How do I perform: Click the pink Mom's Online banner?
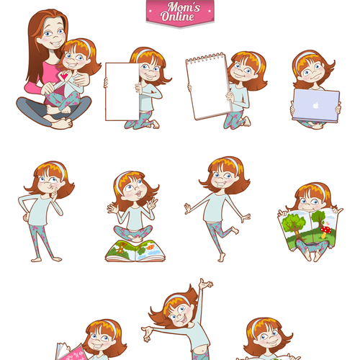(x=180, y=13)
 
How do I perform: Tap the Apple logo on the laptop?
(x=316, y=105)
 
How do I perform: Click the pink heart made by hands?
(x=64, y=76)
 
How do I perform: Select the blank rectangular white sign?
(x=122, y=91)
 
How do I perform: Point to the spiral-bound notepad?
(x=208, y=86)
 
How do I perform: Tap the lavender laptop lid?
(x=316, y=105)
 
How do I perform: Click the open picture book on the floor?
(x=135, y=251)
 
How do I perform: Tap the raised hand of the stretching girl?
(x=205, y=284)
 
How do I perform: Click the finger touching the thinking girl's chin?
(x=55, y=192)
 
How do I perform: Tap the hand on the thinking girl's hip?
(x=26, y=217)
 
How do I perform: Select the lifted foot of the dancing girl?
(x=235, y=230)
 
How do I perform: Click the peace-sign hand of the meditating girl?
(x=152, y=204)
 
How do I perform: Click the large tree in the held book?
(x=293, y=225)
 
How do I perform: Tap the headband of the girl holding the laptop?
(x=303, y=58)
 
